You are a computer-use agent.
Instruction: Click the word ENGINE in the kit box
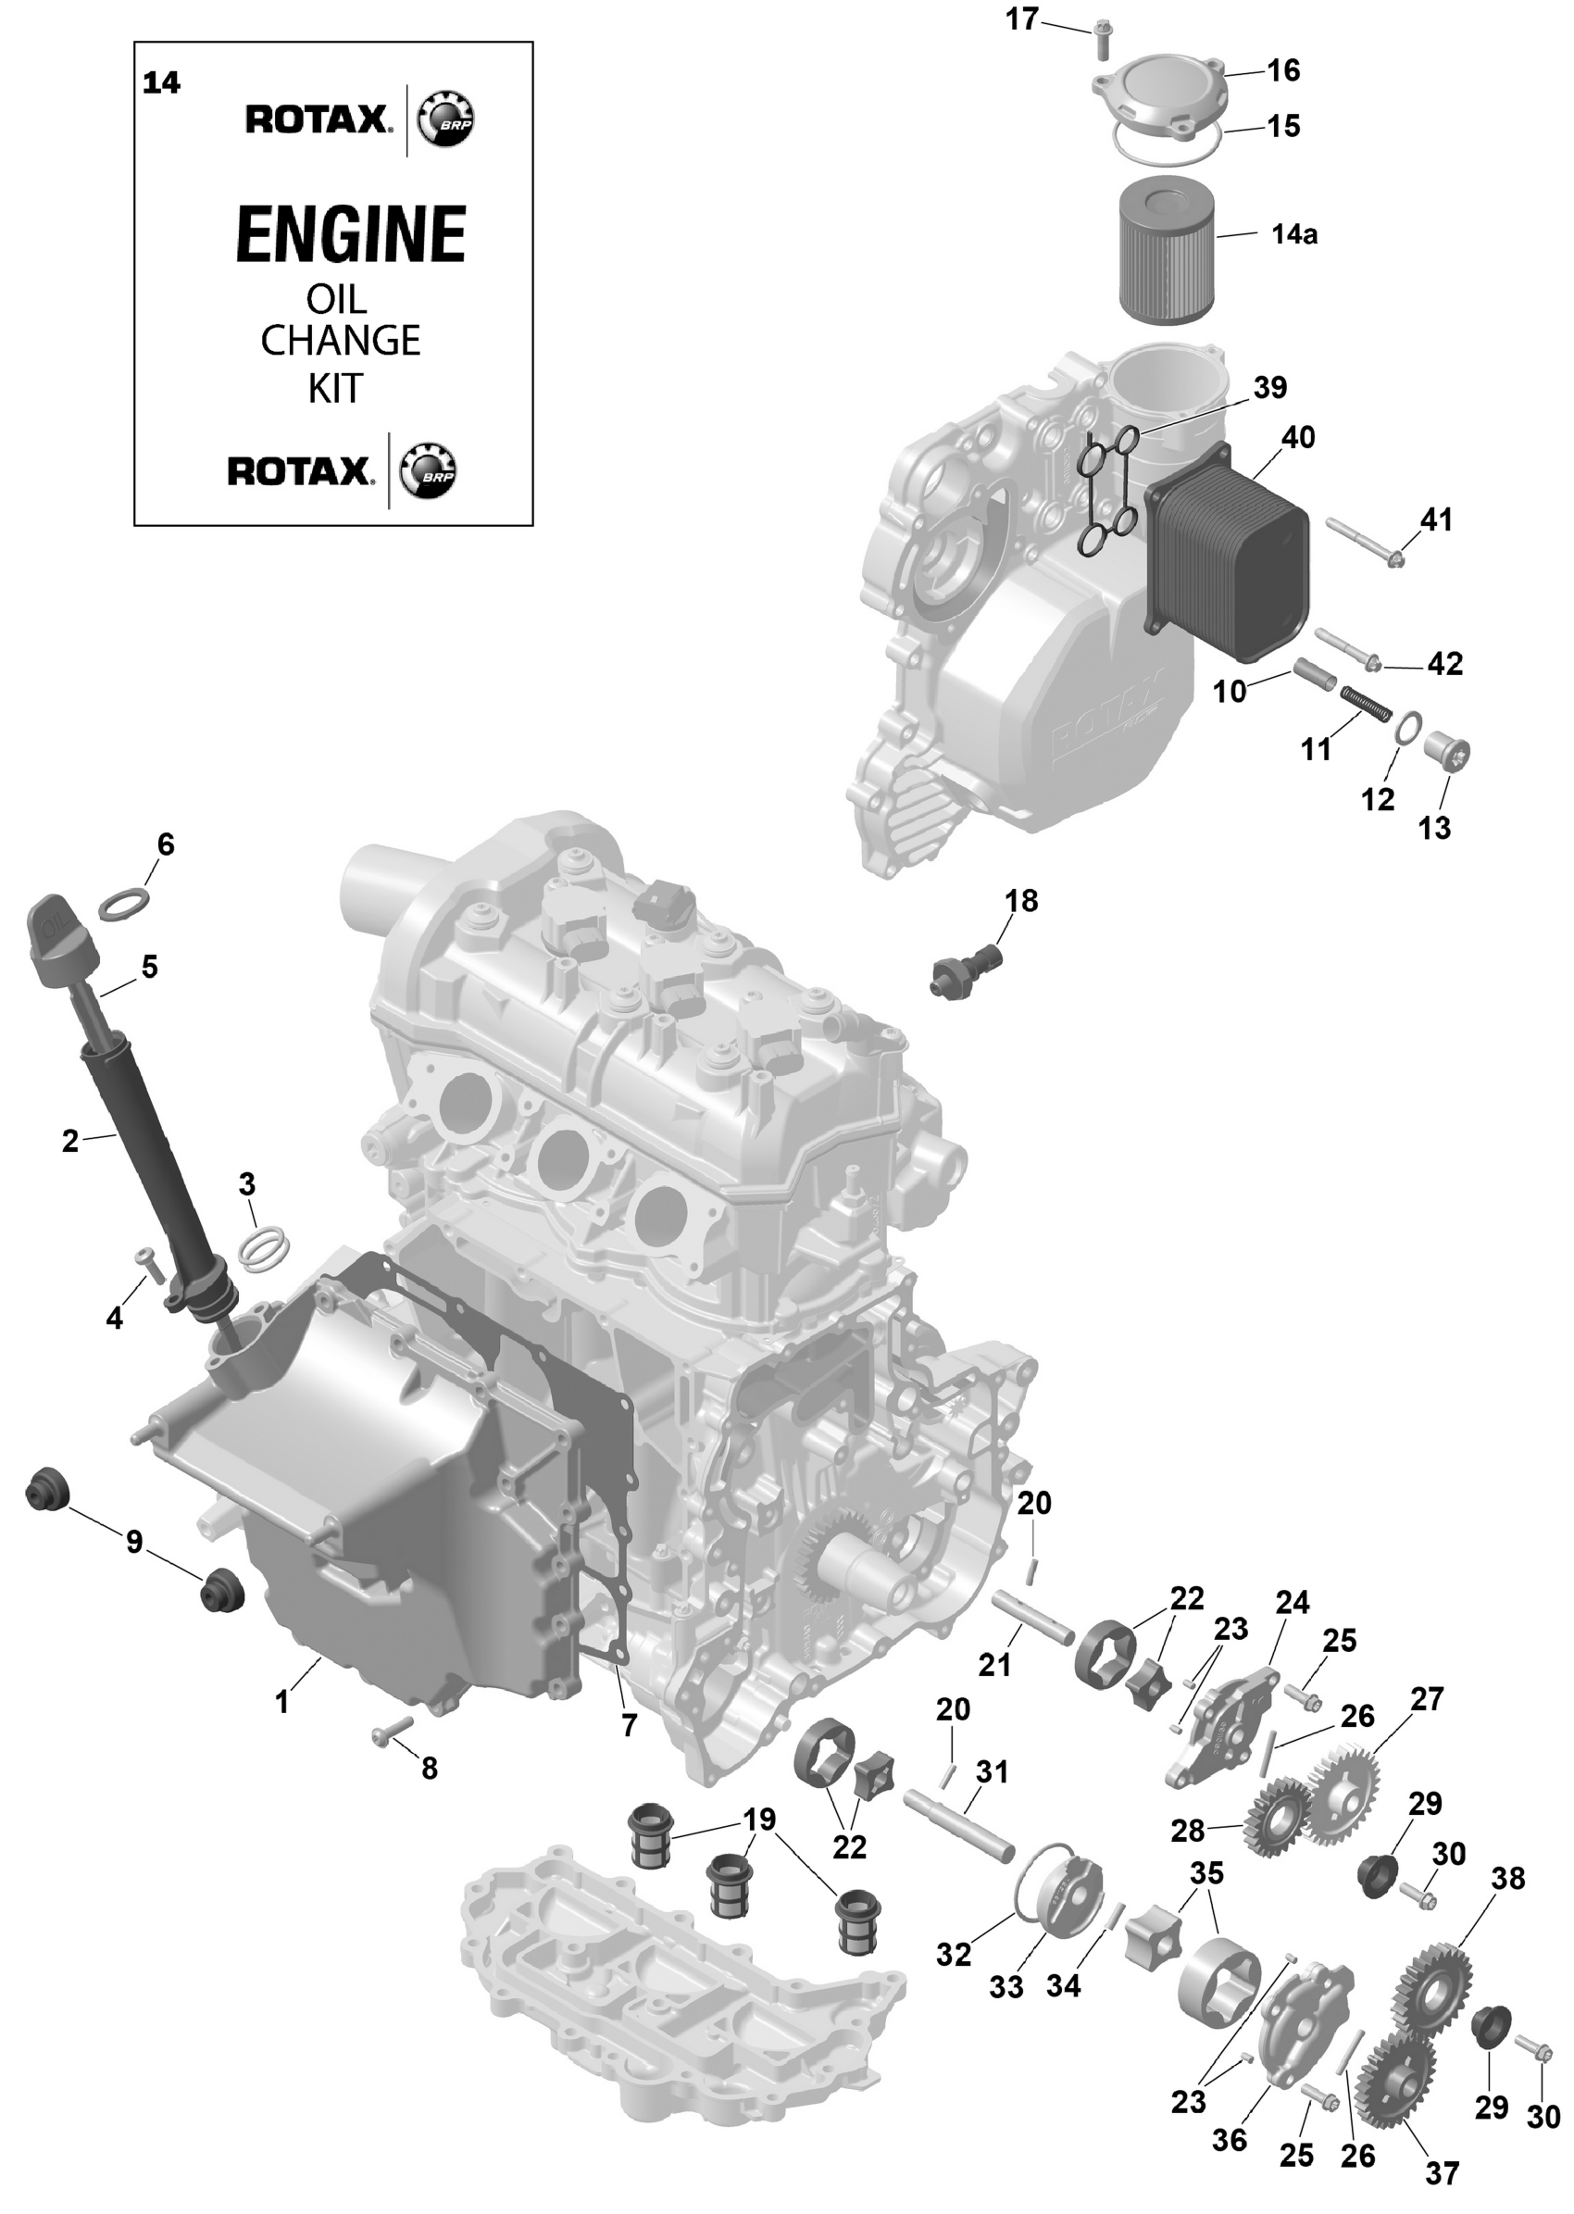click(351, 234)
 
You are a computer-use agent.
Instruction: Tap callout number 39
click(1269, 388)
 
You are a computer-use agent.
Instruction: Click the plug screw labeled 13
click(1448, 753)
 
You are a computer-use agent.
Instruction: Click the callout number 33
click(1006, 1986)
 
